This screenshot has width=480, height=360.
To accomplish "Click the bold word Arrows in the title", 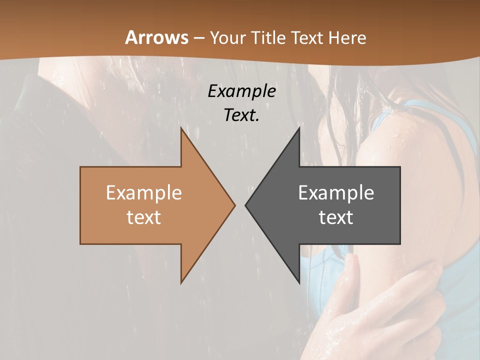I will click(x=156, y=37).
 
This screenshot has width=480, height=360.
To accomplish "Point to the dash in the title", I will click(x=198, y=38).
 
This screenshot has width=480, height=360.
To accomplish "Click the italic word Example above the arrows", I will click(x=241, y=91).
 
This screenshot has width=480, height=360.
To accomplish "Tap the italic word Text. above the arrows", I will click(x=241, y=115).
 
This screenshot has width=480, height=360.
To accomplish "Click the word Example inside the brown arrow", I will click(x=144, y=192).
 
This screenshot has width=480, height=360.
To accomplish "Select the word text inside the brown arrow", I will click(x=144, y=217).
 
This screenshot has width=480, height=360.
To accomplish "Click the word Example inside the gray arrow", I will click(x=336, y=192).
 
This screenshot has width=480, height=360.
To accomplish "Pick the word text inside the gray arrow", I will click(x=336, y=217).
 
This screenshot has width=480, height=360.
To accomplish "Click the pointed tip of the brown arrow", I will click(x=234, y=205).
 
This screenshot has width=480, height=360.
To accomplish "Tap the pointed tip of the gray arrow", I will click(x=245, y=205).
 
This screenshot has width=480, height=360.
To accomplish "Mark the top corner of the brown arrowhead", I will click(x=181, y=128).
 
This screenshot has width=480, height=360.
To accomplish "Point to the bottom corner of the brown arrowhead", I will click(x=181, y=282).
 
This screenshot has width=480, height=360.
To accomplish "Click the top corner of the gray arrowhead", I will click(x=299, y=128).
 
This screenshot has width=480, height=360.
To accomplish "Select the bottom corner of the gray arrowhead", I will click(x=299, y=282).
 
